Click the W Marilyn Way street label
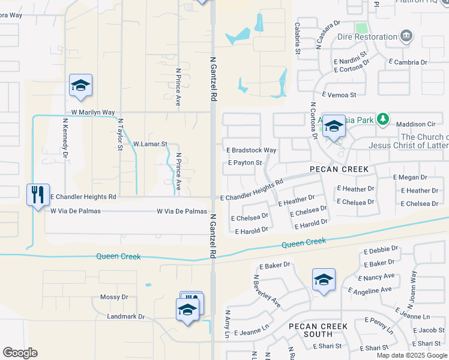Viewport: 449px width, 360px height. tap(92, 112)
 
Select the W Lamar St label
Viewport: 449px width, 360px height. tap(149, 144)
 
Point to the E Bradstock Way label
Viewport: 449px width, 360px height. tap(252, 150)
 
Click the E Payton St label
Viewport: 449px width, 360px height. tap(245, 163)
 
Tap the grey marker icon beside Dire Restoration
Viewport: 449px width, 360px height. tap(406, 37)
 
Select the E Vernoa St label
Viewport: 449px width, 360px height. tap(339, 95)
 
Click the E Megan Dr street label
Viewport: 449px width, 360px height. tap(410, 178)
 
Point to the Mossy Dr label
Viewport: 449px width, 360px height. tap(114, 297)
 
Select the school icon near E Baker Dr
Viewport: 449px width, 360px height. tap(324, 280)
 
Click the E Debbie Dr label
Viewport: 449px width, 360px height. tap(377, 248)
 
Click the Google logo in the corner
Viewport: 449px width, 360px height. tap(20, 353)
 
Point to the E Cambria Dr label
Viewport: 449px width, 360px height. tap(408, 62)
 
